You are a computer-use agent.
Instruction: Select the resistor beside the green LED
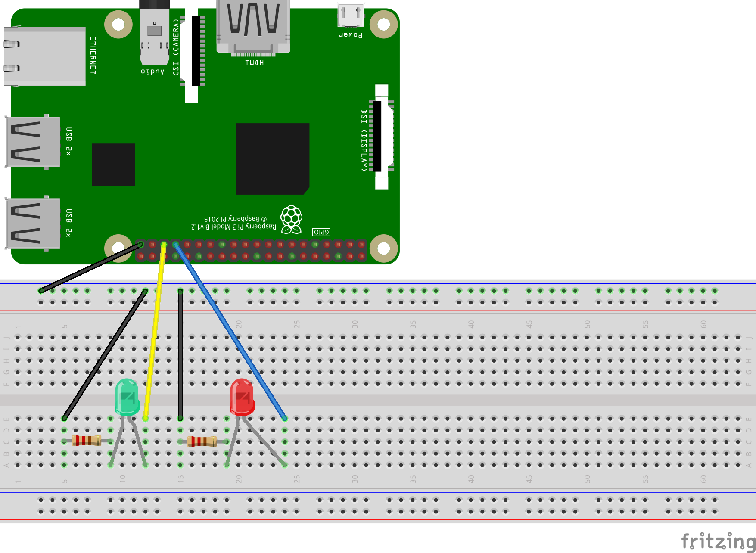pos(87,441)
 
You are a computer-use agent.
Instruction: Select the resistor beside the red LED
pos(202,441)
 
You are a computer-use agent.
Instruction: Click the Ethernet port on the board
pos(44,56)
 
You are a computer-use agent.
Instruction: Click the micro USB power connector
pos(351,16)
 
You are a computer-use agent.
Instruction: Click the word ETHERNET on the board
pos(93,55)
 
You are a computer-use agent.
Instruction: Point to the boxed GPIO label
pos(321,232)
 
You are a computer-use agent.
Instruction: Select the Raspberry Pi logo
pos(292,219)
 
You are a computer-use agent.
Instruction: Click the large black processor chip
pos(273,158)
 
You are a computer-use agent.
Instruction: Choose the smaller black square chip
pos(113,165)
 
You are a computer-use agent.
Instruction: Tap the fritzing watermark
pos(718,541)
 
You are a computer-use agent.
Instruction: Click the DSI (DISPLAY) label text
pos(364,140)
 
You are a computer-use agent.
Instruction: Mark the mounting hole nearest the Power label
pos(383,24)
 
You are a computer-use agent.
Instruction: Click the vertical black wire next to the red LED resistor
pos(180,353)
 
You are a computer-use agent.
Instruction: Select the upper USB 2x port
pos(33,141)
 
